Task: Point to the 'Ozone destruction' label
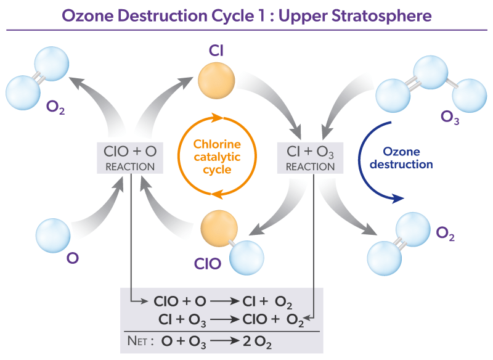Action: (408, 158)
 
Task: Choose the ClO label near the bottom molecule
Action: (208, 264)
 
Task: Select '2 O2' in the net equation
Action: (258, 341)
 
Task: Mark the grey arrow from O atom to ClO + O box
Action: (99, 210)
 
